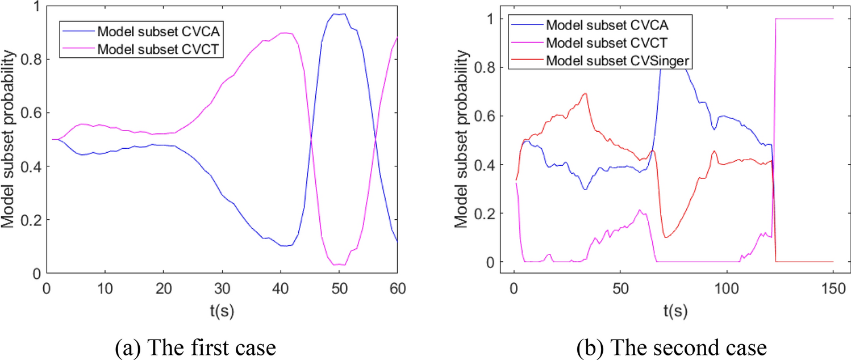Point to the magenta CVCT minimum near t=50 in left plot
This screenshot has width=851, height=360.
point(339,265)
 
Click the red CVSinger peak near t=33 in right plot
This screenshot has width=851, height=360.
point(585,94)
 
